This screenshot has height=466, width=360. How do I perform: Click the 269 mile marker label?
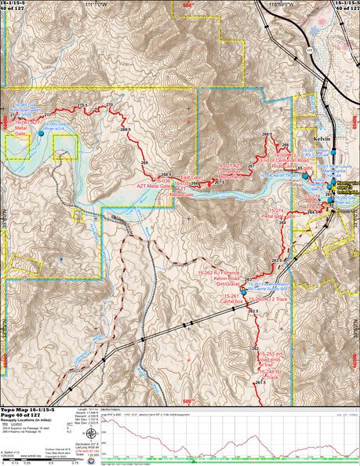[x=144, y=162]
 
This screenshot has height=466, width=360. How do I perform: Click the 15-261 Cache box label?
[x=233, y=298]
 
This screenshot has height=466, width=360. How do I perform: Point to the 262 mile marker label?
[x=255, y=348]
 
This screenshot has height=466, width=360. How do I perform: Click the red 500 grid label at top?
[x=187, y=5]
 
